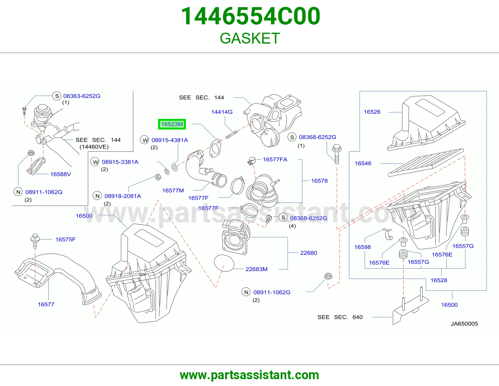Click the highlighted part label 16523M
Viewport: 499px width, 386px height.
[x=172, y=124]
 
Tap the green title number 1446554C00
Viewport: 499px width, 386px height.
[x=250, y=16]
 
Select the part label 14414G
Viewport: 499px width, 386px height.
[x=222, y=112]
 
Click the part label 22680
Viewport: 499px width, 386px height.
[x=309, y=253]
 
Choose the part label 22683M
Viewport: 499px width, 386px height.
[x=256, y=269]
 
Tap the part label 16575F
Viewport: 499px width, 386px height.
[x=65, y=239]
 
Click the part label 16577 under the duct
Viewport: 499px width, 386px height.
[x=46, y=304]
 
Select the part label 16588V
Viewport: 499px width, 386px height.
[x=61, y=174]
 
